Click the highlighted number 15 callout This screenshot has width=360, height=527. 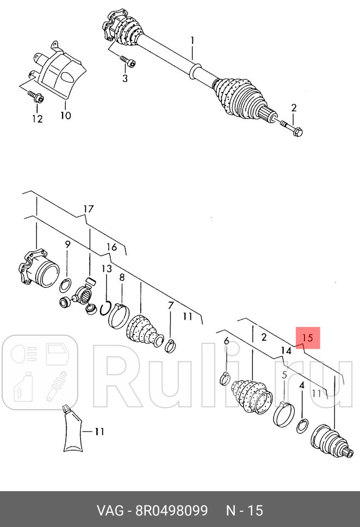tap(307, 337)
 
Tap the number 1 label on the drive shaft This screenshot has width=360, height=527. tap(192, 40)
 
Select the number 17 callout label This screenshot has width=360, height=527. tap(89, 209)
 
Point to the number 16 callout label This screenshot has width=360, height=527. tap(111, 247)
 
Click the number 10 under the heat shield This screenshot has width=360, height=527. tap(65, 115)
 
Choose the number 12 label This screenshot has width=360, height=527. tap(37, 119)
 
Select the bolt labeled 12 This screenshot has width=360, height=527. tap(38, 98)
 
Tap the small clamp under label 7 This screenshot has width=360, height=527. tap(170, 344)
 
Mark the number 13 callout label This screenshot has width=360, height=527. tap(107, 269)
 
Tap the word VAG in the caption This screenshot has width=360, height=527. tap(109, 511)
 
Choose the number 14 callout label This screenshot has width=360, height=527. tap(286, 350)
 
